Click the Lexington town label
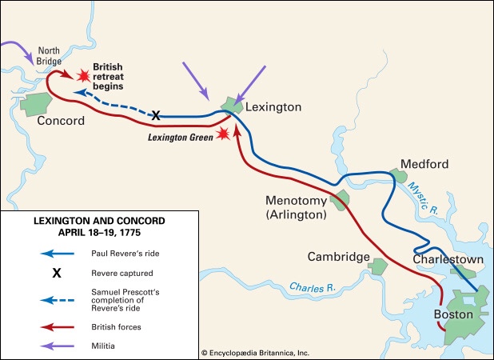pyautogui.click(x=274, y=106)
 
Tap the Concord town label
pyautogui.click(x=61, y=121)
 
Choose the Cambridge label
pyautogui.click(x=338, y=257)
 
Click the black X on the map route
pyautogui.click(x=156, y=116)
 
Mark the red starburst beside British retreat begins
pyautogui.click(x=82, y=75)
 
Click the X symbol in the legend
pyautogui.click(x=57, y=272)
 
